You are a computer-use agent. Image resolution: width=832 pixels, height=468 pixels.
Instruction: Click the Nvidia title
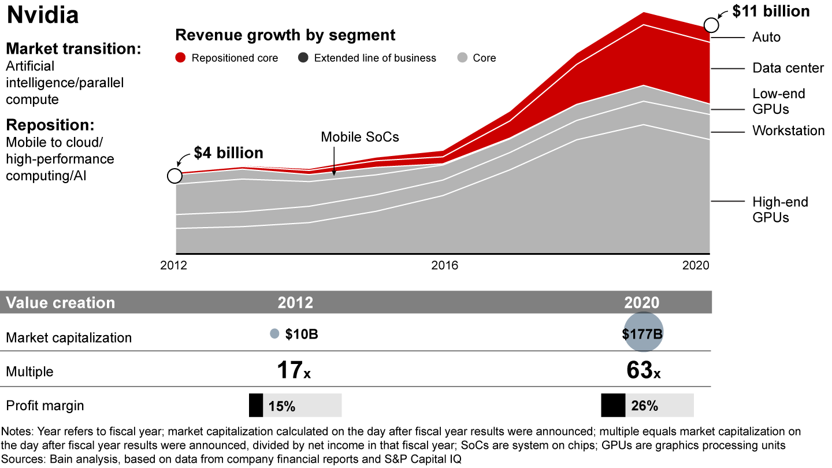pos(42,16)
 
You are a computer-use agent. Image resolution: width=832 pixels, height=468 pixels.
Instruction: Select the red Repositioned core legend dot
pos(181,58)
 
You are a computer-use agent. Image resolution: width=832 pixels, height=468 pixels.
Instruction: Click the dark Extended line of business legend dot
pos(303,58)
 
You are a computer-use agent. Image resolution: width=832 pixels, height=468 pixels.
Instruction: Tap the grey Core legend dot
pos(462,58)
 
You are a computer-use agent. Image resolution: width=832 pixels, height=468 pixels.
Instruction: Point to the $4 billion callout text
pos(228,153)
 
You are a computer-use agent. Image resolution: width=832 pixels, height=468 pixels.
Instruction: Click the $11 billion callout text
pos(771,11)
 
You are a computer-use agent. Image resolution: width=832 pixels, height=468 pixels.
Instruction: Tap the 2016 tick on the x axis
pos(444,266)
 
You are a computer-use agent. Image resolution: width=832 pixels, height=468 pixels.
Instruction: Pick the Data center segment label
pos(788,68)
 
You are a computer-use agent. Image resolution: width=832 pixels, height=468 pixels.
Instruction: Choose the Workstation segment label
pos(788,131)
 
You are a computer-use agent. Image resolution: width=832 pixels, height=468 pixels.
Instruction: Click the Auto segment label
pos(766,37)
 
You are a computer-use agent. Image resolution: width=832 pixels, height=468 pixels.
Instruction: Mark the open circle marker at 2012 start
pos(174,176)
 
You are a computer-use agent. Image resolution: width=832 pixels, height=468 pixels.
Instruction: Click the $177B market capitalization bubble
pos(642,332)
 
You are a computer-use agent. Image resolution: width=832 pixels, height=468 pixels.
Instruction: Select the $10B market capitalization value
pos(302,334)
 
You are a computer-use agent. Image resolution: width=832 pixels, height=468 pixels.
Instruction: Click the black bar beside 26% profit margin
pos(613,405)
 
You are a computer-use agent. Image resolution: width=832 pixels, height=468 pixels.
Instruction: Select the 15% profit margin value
pos(282,406)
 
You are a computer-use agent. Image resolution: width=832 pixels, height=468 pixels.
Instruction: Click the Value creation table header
pos(61,303)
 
